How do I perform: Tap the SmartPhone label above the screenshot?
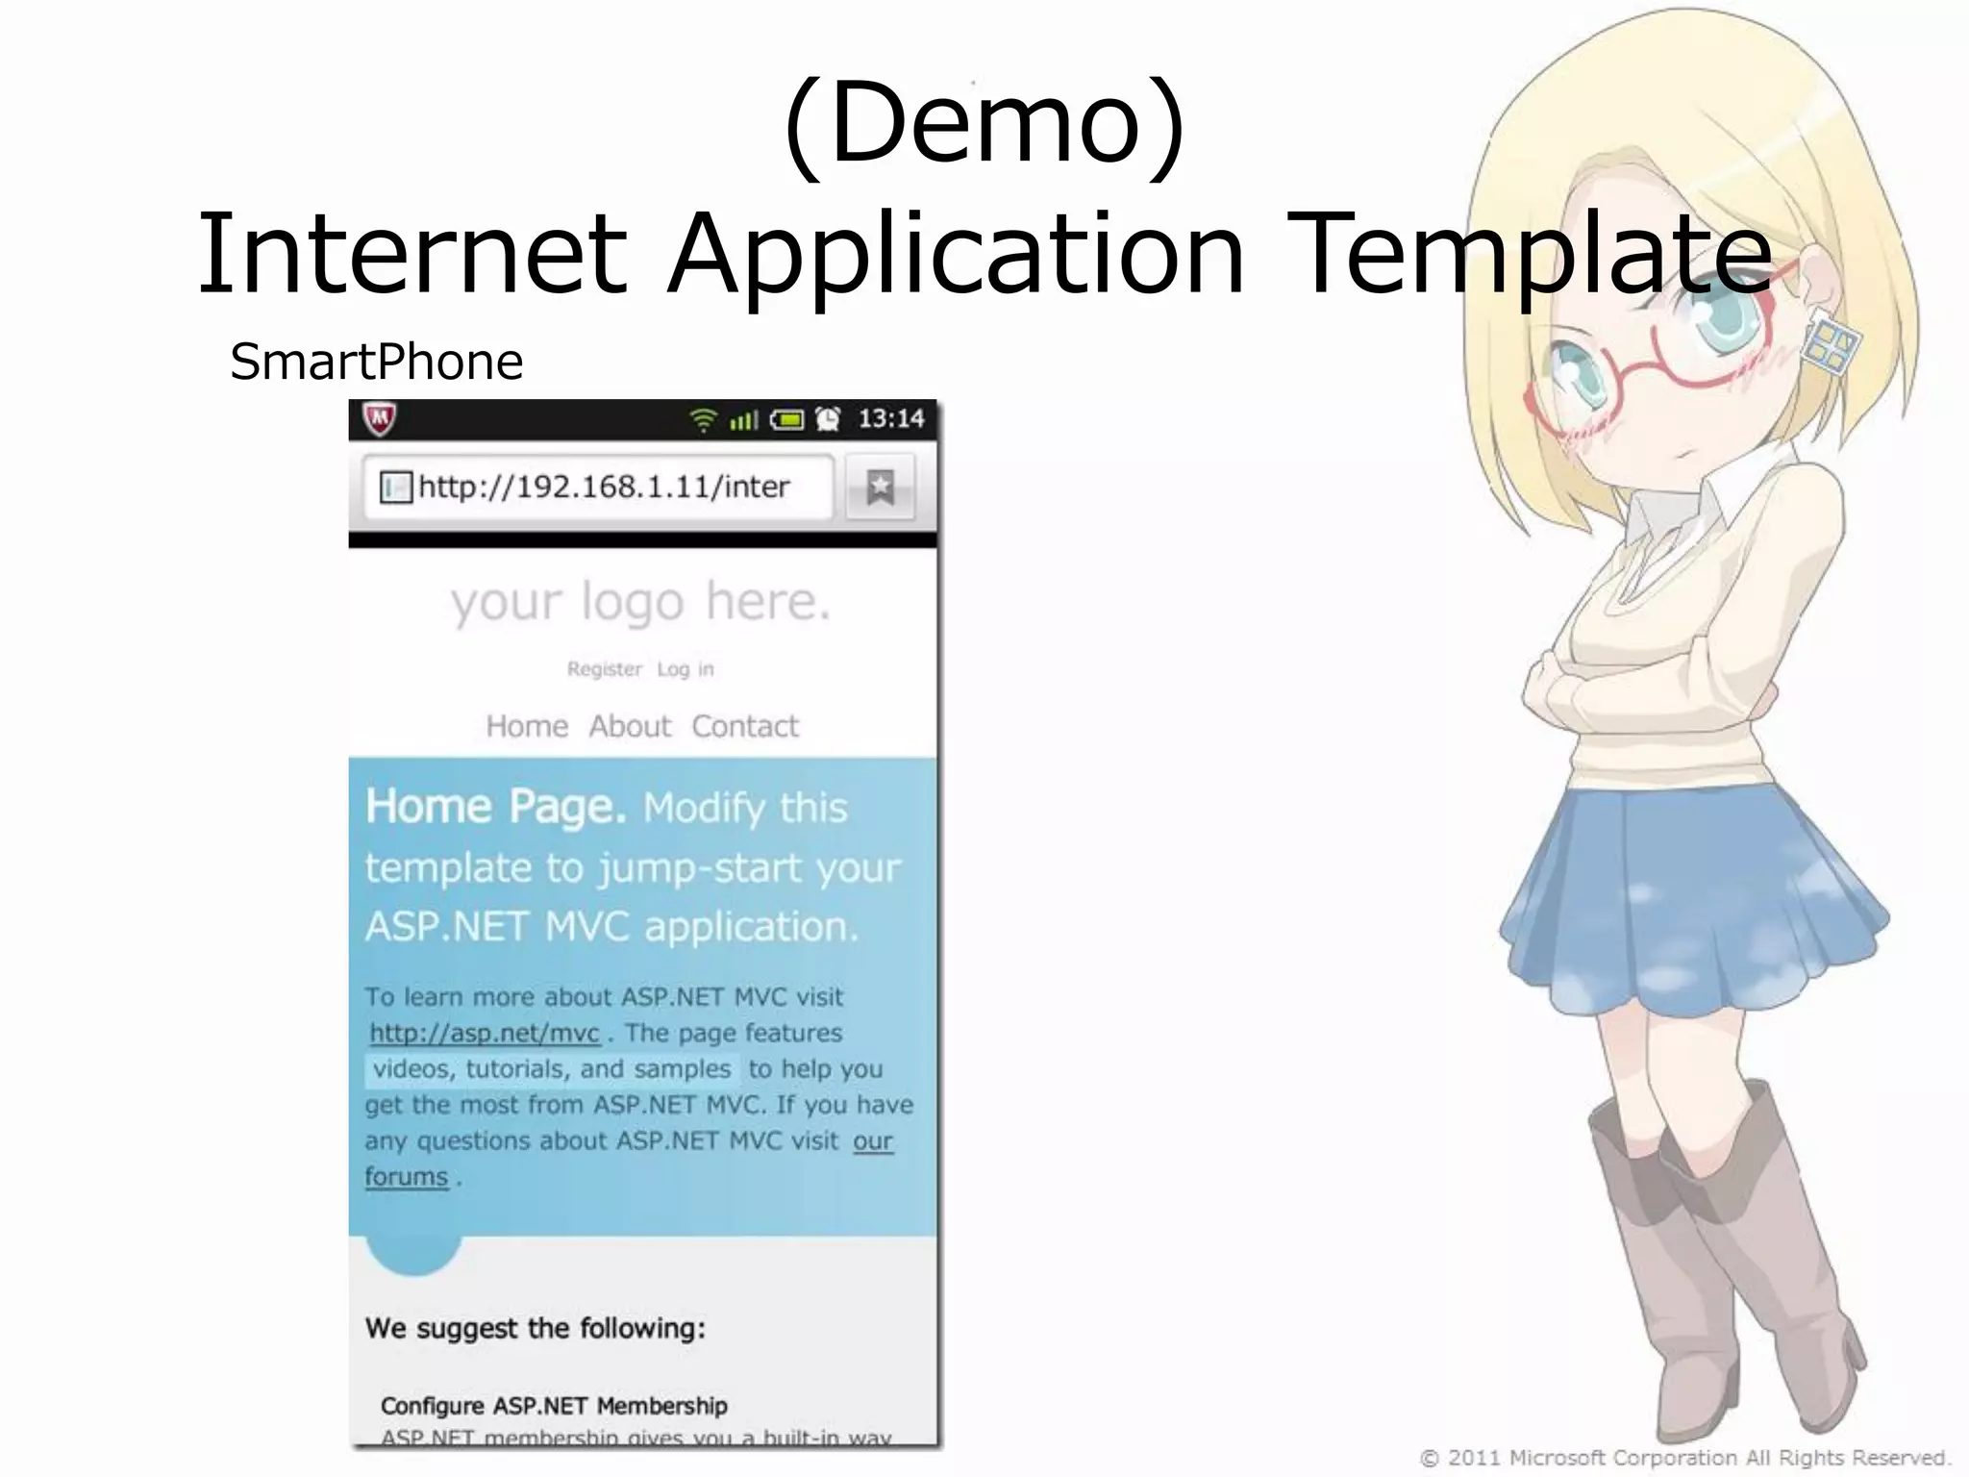[x=376, y=363]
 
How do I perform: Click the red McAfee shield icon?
[x=380, y=418]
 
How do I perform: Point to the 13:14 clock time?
[x=890, y=418]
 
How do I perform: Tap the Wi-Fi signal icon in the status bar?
[x=704, y=419]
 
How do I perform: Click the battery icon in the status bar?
[x=786, y=419]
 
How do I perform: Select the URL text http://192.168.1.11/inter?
[x=604, y=487]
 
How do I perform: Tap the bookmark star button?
[x=880, y=488]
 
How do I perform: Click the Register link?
[x=604, y=669]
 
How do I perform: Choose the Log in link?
[x=685, y=669]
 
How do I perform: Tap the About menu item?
[x=630, y=726]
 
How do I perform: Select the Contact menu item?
[x=745, y=726]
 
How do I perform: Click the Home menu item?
[x=527, y=726]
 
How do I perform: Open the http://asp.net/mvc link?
[x=485, y=1034]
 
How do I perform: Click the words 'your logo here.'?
[x=640, y=603]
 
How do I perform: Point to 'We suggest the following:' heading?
[x=536, y=1328]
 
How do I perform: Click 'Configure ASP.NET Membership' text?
[x=554, y=1406]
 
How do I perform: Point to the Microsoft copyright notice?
[x=1684, y=1458]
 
